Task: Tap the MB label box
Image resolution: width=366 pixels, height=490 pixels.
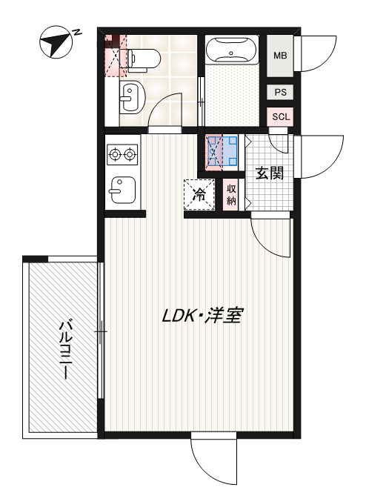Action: point(280,56)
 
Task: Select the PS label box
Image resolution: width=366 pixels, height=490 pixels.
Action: point(280,92)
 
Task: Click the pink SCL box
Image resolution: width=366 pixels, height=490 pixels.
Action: point(280,116)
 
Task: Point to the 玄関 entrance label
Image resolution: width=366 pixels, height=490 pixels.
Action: point(270,173)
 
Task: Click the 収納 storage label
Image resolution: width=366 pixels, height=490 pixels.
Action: point(231,194)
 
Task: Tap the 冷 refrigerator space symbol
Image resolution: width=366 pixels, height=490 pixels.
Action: point(199,194)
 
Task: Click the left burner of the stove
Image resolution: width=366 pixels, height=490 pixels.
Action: point(115,154)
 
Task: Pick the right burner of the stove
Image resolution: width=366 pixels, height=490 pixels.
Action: point(130,154)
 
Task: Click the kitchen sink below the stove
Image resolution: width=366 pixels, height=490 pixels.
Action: point(121,190)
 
